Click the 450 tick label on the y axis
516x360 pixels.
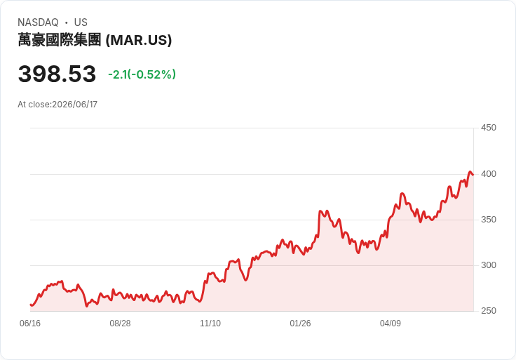pyautogui.click(x=489, y=128)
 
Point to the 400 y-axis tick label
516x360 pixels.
pyautogui.click(x=489, y=174)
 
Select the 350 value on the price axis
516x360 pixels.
pyautogui.click(x=489, y=220)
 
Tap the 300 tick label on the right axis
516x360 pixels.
pyautogui.click(x=489, y=265)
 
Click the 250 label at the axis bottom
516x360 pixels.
pyautogui.click(x=489, y=311)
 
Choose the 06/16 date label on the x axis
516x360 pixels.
pyautogui.click(x=30, y=324)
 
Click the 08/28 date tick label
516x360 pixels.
pyautogui.click(x=120, y=324)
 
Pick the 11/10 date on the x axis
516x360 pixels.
pyautogui.click(x=210, y=324)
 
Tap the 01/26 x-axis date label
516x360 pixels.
pyautogui.click(x=300, y=324)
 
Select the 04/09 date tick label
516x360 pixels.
pyautogui.click(x=391, y=324)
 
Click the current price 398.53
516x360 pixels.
pyautogui.click(x=57, y=74)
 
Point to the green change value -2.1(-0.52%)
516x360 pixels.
pyautogui.click(x=142, y=74)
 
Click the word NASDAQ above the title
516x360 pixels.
pyautogui.click(x=38, y=22)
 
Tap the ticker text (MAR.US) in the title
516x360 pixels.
pyautogui.click(x=139, y=40)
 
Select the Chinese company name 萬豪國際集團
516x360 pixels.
pyautogui.click(x=60, y=40)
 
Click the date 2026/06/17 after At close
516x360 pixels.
pyautogui.click(x=75, y=105)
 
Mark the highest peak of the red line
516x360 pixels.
pyautogui.click(x=470, y=172)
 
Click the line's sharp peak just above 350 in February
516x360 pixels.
pyautogui.click(x=320, y=211)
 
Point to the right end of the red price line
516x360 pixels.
pyautogui.click(x=473, y=175)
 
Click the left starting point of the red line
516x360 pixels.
pyautogui.click(x=30, y=305)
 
